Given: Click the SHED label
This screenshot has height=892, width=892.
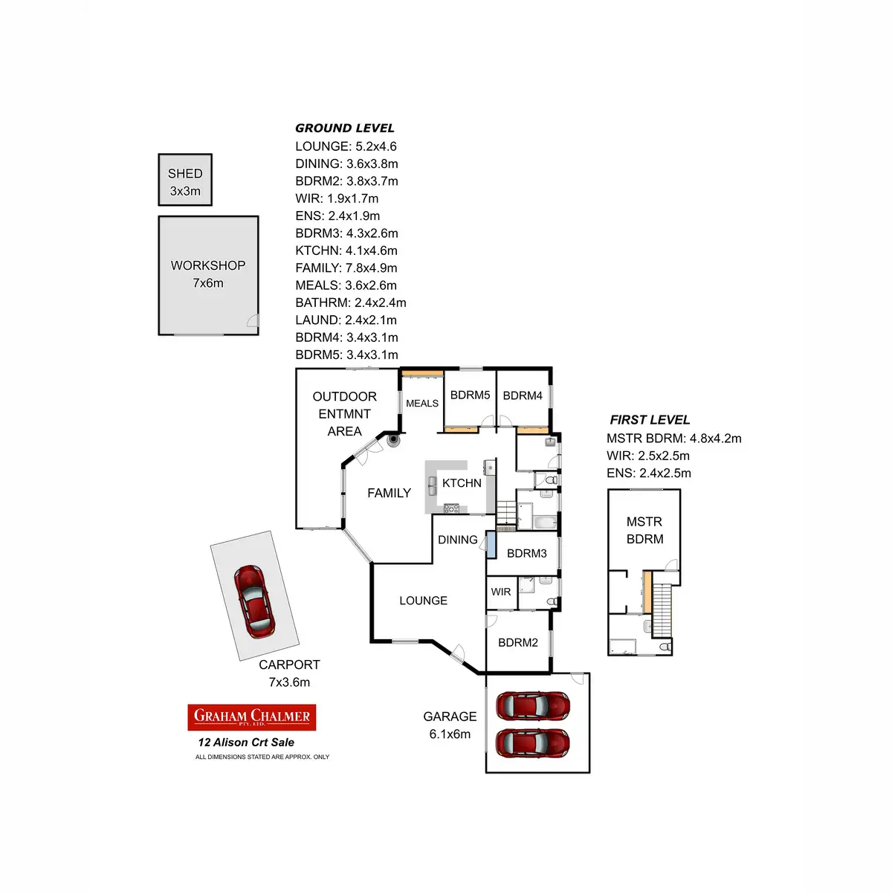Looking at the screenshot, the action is point(185,174).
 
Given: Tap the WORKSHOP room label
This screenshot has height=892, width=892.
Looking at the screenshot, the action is point(208,266).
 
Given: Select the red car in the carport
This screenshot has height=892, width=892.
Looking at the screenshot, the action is point(253,600).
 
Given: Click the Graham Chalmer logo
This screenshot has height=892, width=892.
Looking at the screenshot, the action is point(252,717).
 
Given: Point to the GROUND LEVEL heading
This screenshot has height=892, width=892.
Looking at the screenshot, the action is point(345,128).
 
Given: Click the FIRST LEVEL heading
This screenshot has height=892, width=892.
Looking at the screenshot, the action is point(650,420).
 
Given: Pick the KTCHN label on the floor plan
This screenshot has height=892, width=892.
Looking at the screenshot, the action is point(462,483).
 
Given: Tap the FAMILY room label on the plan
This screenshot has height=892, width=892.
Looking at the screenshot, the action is point(389,493).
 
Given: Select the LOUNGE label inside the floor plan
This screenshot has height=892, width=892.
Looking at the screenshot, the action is point(423,601).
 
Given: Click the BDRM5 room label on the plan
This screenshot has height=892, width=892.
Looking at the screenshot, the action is point(470,395).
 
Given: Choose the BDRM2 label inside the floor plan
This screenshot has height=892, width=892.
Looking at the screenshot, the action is point(518,642).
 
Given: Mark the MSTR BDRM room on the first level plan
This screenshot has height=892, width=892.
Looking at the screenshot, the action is point(644,530).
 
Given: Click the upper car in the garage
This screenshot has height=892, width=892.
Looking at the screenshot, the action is point(533,705).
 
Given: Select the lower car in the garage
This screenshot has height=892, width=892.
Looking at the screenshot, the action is point(533,741).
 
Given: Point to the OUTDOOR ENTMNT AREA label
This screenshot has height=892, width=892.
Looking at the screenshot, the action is point(344,414).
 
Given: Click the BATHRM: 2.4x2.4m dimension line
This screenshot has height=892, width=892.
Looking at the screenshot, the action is point(351,303).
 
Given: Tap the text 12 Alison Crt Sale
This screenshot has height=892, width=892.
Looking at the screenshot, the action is point(246,743).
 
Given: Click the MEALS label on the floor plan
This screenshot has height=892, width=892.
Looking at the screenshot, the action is point(422,404).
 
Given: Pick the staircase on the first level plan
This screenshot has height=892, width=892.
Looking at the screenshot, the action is point(662,610).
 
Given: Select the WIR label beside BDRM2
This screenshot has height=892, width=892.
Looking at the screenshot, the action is point(501,592).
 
